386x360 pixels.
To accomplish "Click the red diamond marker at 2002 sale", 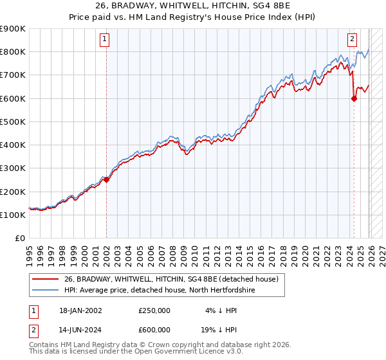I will tap(106, 180).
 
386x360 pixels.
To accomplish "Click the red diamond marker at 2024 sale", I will tap(354, 98).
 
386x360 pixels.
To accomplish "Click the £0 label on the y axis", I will tap(19, 239).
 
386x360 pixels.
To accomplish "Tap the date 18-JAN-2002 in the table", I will tap(80, 310).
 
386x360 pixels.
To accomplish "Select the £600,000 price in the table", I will tap(154, 330).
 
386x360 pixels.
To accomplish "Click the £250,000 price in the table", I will tap(154, 310).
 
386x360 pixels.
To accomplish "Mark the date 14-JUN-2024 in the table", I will tap(80, 330).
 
